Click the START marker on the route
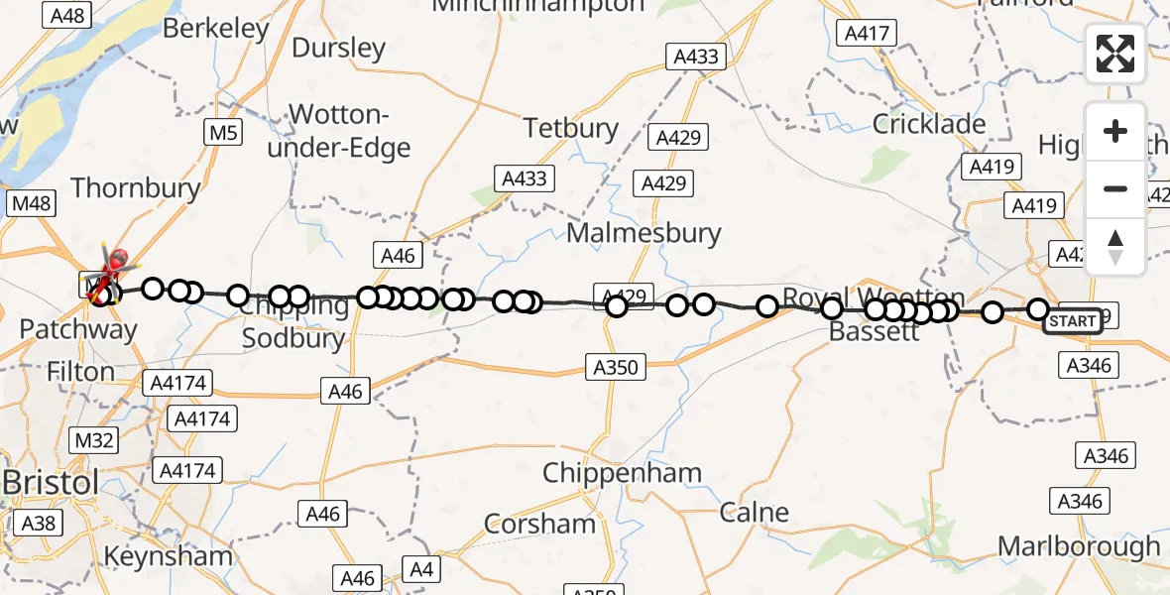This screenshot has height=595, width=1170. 1072,321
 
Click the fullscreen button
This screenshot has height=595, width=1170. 1115,54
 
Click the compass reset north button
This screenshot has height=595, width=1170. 1115,247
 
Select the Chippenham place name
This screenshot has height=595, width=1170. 622,473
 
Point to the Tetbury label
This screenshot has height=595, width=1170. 570,128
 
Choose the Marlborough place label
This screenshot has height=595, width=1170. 1079,545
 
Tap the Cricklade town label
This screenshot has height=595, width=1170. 928,124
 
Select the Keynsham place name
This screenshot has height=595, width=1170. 169,555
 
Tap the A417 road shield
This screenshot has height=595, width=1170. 865,34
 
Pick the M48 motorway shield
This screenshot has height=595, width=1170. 32,203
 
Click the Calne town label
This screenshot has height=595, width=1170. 754,513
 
